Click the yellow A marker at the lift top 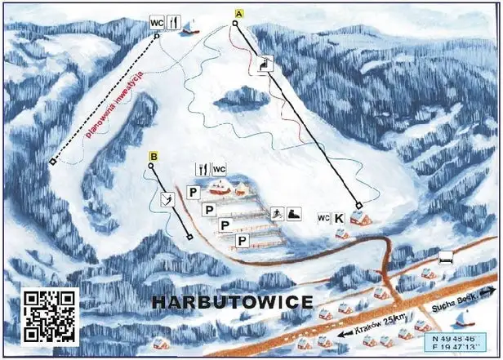(238, 14)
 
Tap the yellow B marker (153, 155)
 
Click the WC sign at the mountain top (157, 24)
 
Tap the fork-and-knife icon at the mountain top (173, 24)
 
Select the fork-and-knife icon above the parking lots (201, 169)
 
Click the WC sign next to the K (323, 218)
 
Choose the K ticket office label (339, 218)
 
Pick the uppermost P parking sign (193, 193)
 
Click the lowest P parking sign (242, 240)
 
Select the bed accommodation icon (446, 258)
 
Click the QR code (50, 316)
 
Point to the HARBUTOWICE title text (233, 302)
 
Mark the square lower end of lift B (189, 238)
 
